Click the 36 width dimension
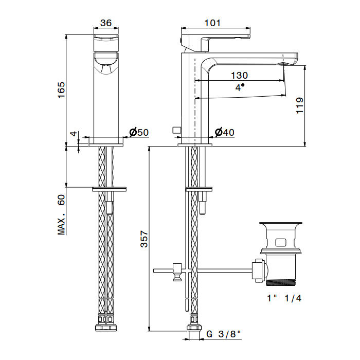(x=106, y=23)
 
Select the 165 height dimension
(x=61, y=90)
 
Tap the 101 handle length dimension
(x=212, y=23)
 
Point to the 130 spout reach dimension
(x=239, y=75)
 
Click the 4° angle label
(x=240, y=87)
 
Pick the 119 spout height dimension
(x=300, y=105)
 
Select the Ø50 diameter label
(x=139, y=132)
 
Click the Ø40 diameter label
(x=224, y=132)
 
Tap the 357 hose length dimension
(x=145, y=239)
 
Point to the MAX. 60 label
(x=61, y=214)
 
